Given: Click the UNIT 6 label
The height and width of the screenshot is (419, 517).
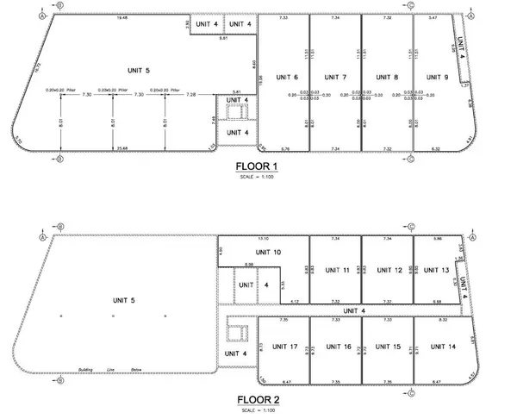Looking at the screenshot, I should pyautogui.click(x=288, y=78).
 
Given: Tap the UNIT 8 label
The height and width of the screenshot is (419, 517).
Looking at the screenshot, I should pyautogui.click(x=387, y=78).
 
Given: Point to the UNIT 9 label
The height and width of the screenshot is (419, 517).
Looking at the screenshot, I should pyautogui.click(x=438, y=78).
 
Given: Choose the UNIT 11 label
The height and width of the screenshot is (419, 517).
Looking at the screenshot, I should pyautogui.click(x=339, y=270).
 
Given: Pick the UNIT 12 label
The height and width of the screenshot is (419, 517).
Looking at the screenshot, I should pyautogui.click(x=389, y=270).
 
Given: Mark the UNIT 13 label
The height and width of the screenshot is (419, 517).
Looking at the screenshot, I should pyautogui.click(x=438, y=270).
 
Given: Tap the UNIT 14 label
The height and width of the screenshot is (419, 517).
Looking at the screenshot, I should pyautogui.click(x=439, y=347).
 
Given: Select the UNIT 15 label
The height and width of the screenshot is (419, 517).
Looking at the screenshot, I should pyautogui.click(x=390, y=347).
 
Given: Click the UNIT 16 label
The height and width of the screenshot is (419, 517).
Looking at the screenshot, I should pyautogui.click(x=338, y=347).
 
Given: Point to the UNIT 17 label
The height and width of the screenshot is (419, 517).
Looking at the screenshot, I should pyautogui.click(x=284, y=347).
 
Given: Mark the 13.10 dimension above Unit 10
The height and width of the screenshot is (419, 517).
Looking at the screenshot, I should pyautogui.click(x=264, y=238).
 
